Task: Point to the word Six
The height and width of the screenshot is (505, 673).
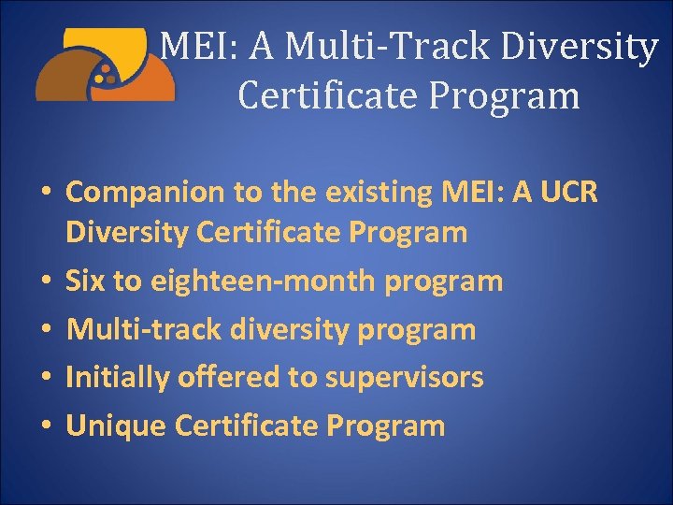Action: pos(86,281)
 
